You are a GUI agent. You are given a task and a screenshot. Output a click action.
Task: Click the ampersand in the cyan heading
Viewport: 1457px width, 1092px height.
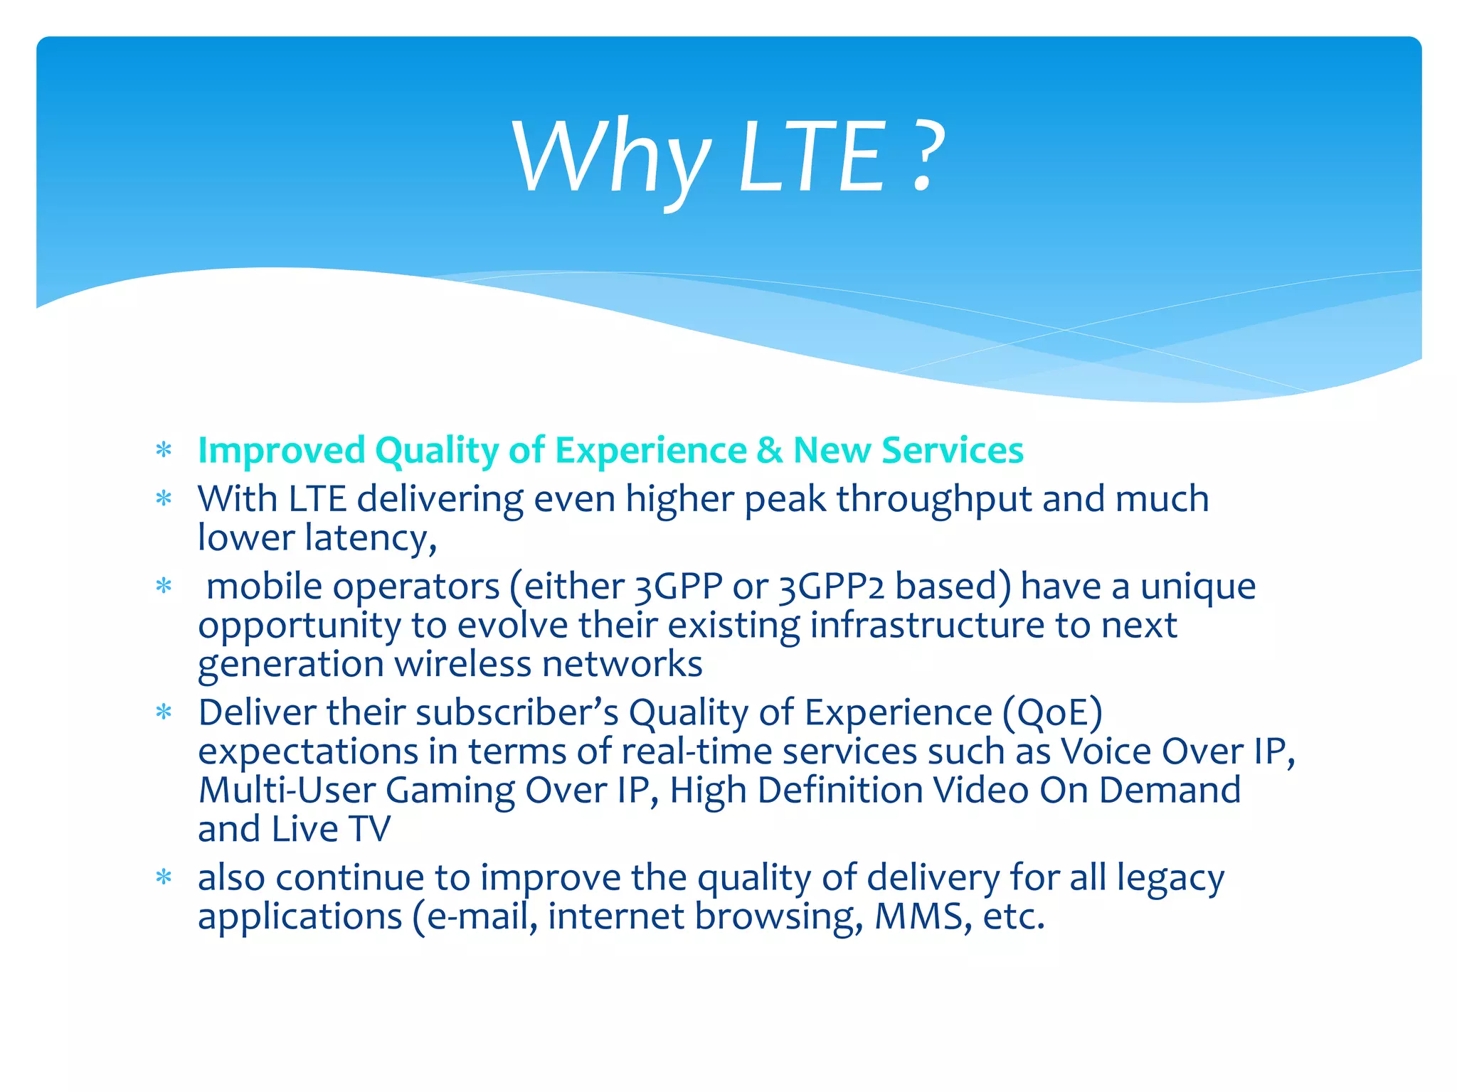click(769, 451)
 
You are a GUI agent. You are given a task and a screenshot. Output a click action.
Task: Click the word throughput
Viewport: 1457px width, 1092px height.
click(933, 500)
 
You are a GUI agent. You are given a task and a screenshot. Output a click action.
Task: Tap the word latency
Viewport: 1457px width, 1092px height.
click(370, 538)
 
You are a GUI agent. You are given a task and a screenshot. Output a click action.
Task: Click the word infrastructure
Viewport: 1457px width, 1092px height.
click(927, 626)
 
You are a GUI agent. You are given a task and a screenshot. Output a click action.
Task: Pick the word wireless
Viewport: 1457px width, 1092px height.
click(463, 665)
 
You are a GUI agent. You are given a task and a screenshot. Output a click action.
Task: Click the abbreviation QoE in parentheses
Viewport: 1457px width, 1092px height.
click(1053, 713)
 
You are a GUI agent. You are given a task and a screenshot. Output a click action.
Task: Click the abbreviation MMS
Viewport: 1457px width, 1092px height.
click(918, 916)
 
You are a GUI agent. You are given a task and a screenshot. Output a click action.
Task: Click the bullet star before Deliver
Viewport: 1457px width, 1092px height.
click(164, 712)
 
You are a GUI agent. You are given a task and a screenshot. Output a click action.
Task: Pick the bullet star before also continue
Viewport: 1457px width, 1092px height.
click(164, 878)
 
